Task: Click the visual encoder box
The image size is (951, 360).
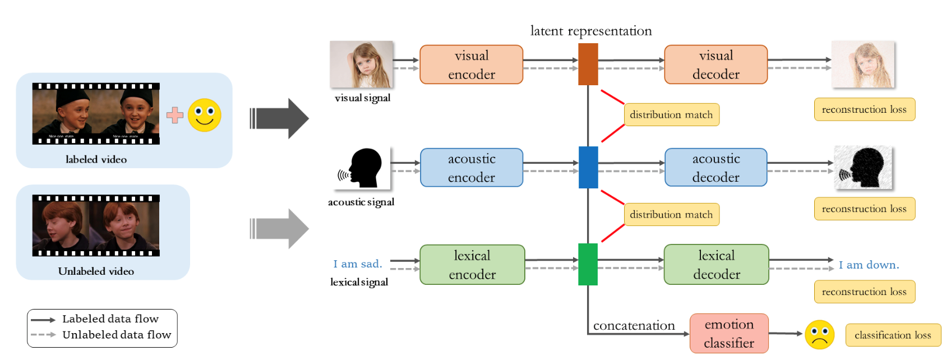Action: point(471,64)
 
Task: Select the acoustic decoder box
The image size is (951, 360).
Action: point(715,168)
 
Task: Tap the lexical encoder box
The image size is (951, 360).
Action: point(472,265)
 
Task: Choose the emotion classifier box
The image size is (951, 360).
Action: point(728,334)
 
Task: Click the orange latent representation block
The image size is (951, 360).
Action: point(588,64)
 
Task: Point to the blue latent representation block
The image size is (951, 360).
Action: point(588,167)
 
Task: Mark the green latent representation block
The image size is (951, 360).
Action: point(588,264)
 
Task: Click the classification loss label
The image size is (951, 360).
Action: point(893,335)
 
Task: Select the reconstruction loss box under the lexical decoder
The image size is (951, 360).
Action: point(864,292)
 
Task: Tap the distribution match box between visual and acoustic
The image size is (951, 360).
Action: point(671,115)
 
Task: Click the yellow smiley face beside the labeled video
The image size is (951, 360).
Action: point(204,116)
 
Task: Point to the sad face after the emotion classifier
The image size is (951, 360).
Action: point(819,335)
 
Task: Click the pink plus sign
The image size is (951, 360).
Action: point(175,116)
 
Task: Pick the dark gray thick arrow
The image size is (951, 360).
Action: point(279,118)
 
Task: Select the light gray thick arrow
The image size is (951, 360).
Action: point(279,229)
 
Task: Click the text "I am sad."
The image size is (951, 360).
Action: point(357,264)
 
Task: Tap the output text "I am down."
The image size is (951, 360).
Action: point(869,265)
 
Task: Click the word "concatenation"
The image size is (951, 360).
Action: point(634,326)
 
